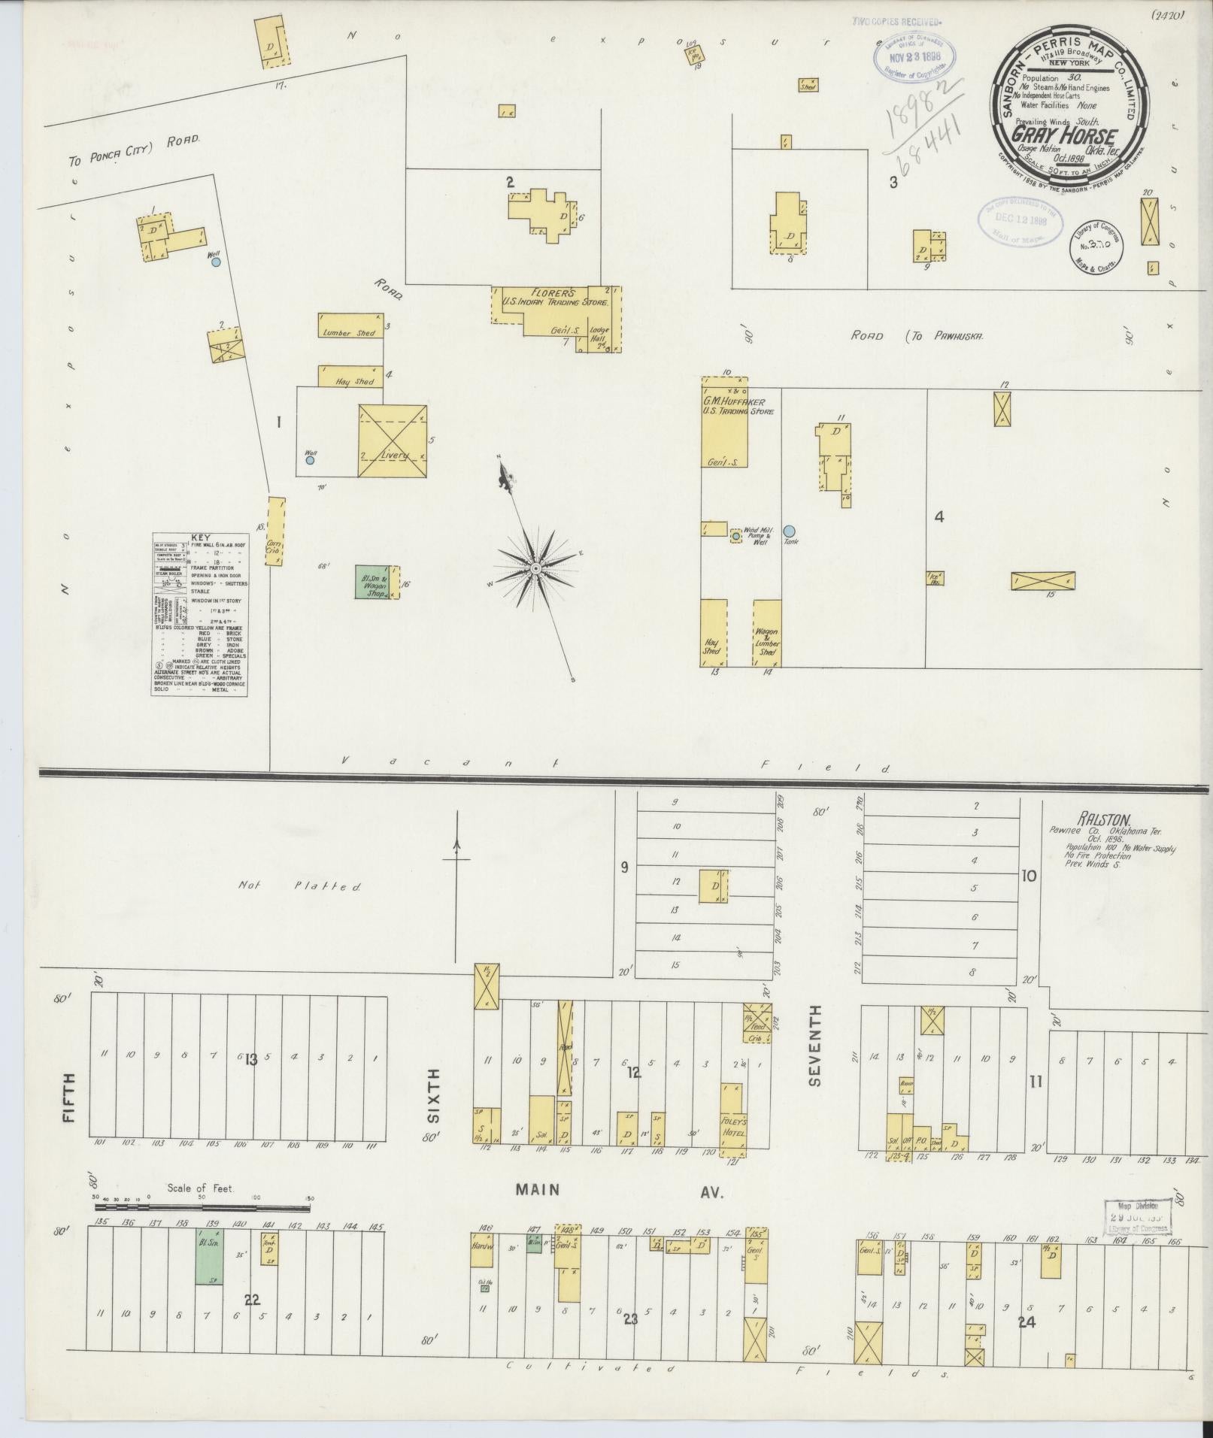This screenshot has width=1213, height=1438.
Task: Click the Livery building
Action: coord(392,441)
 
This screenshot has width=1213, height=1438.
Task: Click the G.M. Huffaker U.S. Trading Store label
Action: coord(727,406)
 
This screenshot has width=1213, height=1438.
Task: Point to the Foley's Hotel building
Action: coord(734,1125)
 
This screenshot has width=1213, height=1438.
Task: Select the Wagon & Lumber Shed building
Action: coord(767,633)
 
